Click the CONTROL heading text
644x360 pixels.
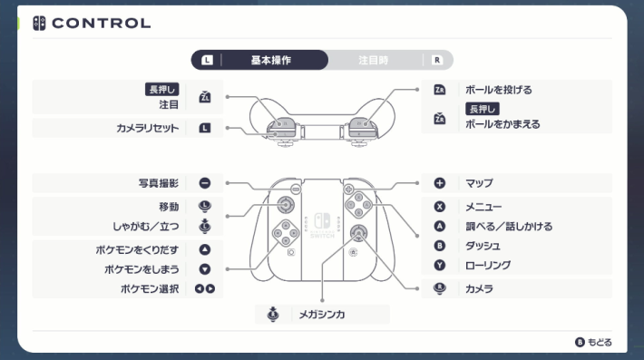tap(102, 23)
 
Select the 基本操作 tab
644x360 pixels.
tap(270, 61)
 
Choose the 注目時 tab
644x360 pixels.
tap(373, 61)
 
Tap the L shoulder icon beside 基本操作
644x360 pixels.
tap(207, 61)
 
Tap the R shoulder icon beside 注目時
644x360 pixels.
tap(437, 61)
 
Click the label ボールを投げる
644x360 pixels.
tap(498, 90)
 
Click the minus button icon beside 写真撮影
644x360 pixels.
tap(204, 183)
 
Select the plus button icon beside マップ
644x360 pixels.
tap(440, 183)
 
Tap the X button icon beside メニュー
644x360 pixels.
tap(440, 207)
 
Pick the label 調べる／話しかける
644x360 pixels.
tap(508, 226)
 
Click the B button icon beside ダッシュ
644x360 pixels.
tap(440, 246)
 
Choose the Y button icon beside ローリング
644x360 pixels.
tap(440, 265)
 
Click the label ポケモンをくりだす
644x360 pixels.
tap(141, 249)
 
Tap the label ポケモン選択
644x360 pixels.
tap(150, 289)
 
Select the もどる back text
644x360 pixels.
tap(600, 342)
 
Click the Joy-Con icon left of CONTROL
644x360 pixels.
tap(40, 23)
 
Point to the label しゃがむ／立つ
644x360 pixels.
tap(147, 227)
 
